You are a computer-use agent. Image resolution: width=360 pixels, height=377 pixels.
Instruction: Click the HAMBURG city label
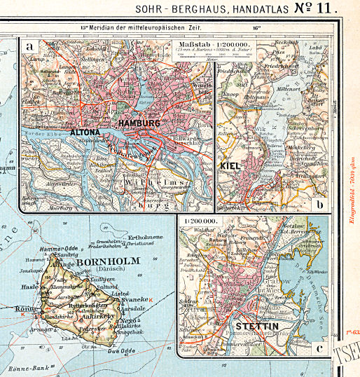[139, 123]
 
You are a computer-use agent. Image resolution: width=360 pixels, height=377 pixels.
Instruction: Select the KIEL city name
[231, 166]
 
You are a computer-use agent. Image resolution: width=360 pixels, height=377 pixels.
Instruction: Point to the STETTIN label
[256, 327]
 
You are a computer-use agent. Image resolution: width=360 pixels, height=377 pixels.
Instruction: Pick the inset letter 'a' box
[29, 48]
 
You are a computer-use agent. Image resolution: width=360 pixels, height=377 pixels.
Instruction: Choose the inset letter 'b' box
[319, 205]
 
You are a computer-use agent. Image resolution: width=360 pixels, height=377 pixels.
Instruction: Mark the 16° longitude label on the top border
[256, 28]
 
